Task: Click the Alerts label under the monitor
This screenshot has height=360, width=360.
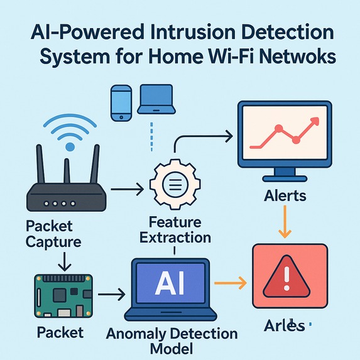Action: (285, 195)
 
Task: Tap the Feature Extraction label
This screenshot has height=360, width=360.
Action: (175, 229)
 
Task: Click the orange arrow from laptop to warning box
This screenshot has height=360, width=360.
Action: (229, 283)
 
